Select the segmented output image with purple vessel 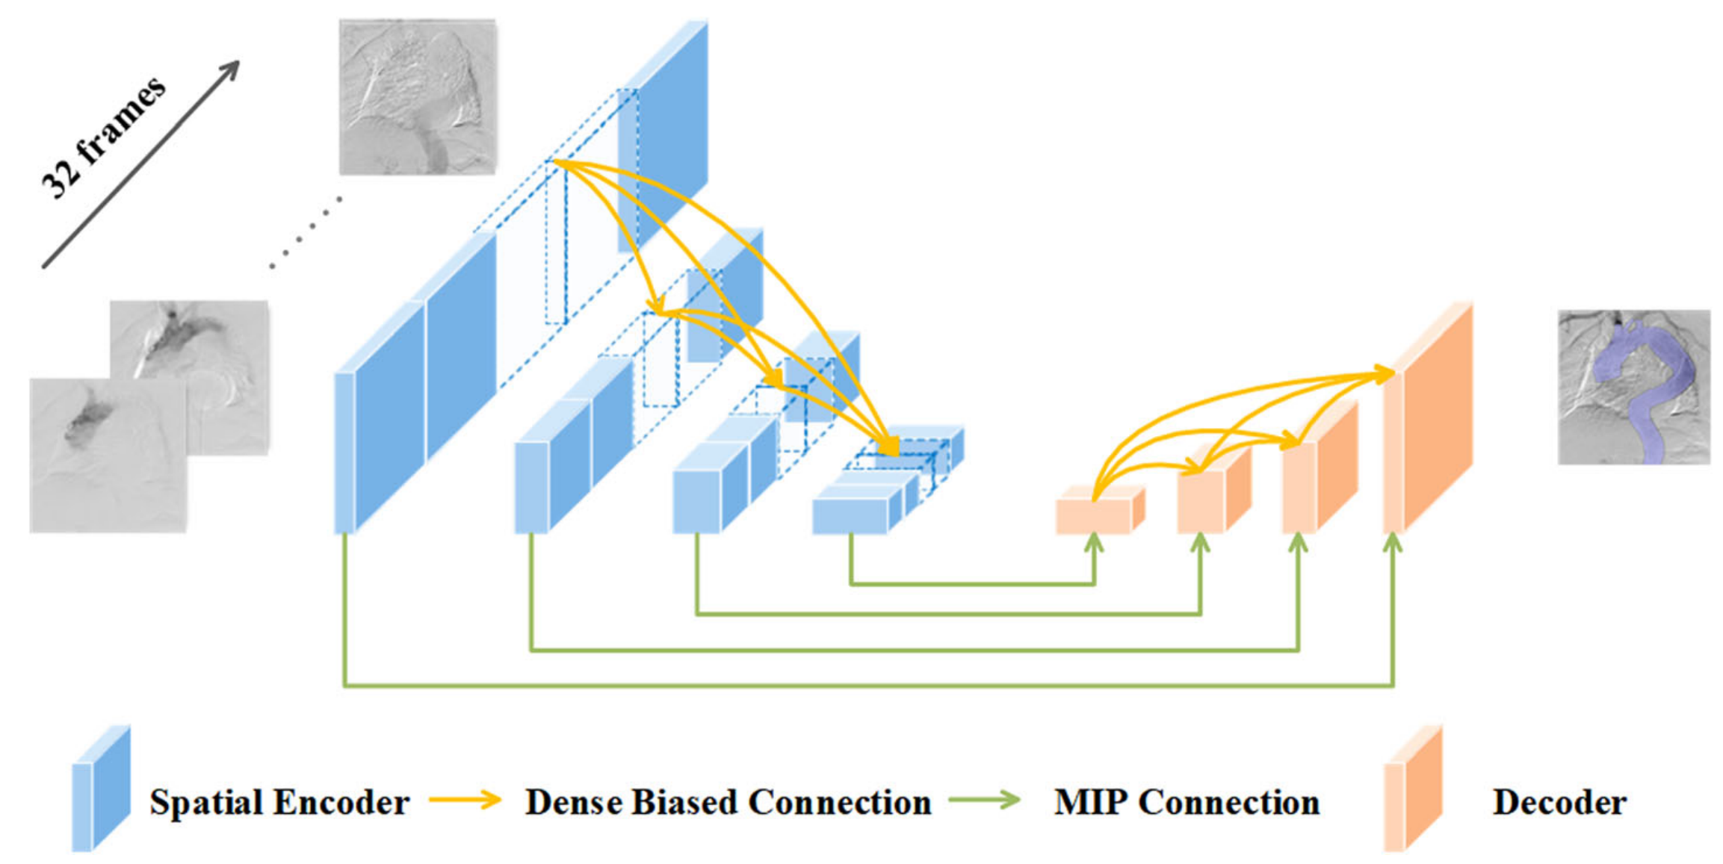click(1633, 387)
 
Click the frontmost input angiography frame click(108, 455)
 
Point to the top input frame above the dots click(418, 97)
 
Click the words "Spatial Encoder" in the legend click(279, 803)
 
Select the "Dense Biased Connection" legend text click(728, 803)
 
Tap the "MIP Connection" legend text click(1187, 803)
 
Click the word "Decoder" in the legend click(1559, 803)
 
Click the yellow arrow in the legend click(465, 801)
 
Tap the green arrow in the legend click(985, 801)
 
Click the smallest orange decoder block click(1095, 515)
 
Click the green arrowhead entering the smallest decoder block click(1094, 543)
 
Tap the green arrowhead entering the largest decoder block click(1392, 543)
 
